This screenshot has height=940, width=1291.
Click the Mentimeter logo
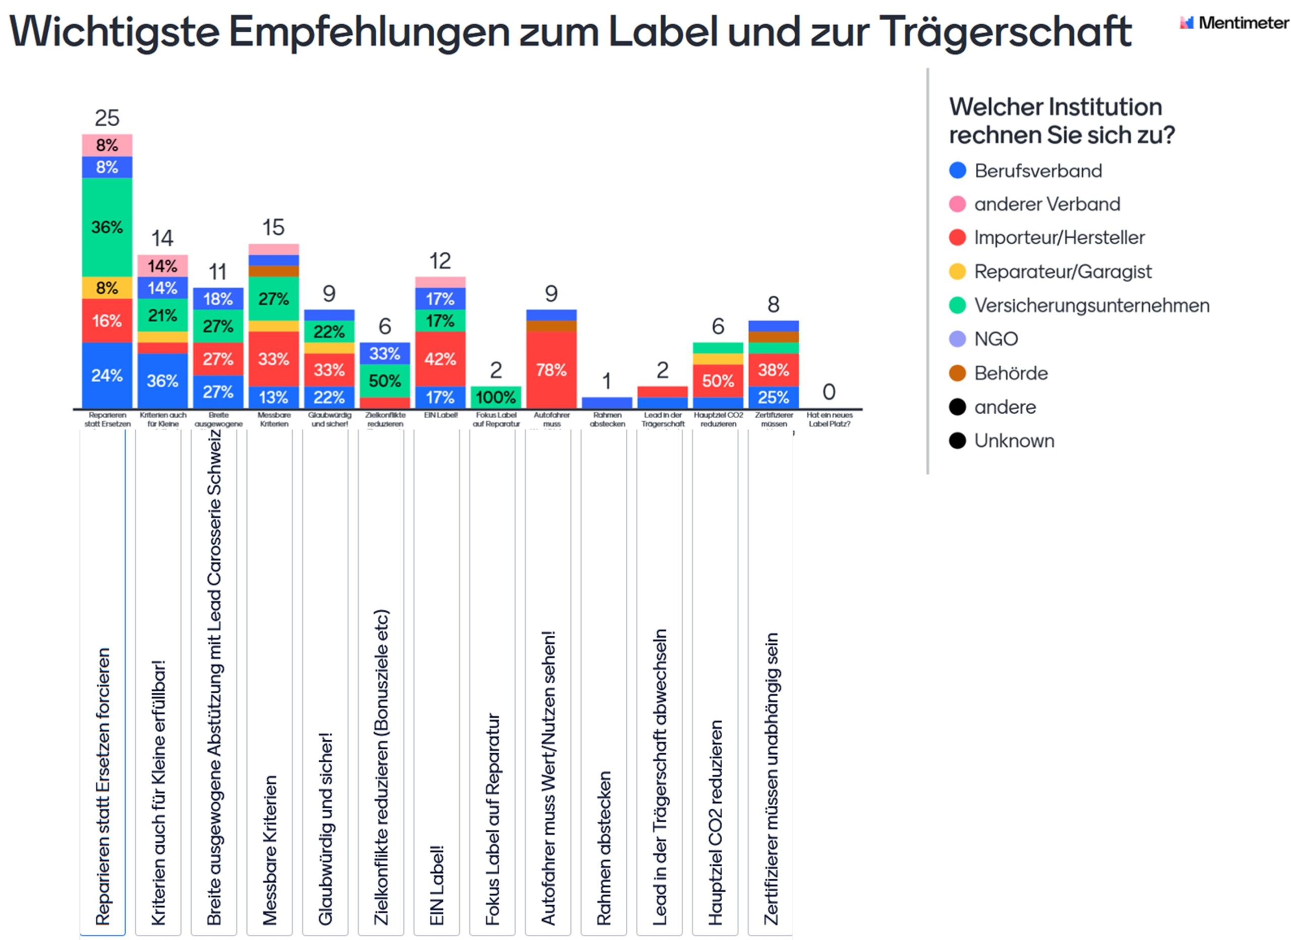1234,23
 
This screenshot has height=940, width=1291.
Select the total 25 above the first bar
107,118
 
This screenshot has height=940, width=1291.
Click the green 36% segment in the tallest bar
107,227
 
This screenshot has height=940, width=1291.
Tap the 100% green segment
496,397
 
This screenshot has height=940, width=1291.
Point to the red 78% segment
551,370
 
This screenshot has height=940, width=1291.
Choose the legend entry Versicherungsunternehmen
1091,305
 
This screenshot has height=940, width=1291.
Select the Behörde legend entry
1011,373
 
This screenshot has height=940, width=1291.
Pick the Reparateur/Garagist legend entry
1062,271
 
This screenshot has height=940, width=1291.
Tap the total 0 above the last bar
829,392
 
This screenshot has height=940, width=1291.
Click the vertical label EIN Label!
437,886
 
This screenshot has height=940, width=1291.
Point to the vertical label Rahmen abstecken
604,848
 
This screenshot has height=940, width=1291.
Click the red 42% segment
440,359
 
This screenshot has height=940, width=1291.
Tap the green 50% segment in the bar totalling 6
385,380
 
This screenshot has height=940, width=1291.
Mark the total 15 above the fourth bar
273,227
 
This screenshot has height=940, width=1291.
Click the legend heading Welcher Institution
1055,107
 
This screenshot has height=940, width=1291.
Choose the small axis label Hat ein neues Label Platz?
829,420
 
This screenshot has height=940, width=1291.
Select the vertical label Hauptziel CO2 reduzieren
716,823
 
